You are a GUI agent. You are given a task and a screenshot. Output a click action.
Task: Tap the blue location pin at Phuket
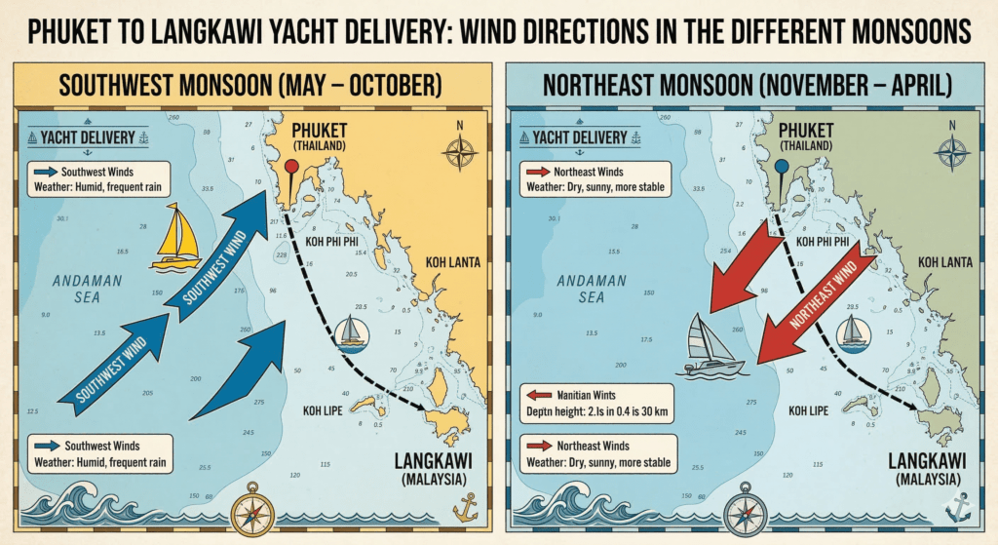click(780, 167)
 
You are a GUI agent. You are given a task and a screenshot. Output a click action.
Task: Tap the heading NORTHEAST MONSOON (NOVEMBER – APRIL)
click(747, 86)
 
